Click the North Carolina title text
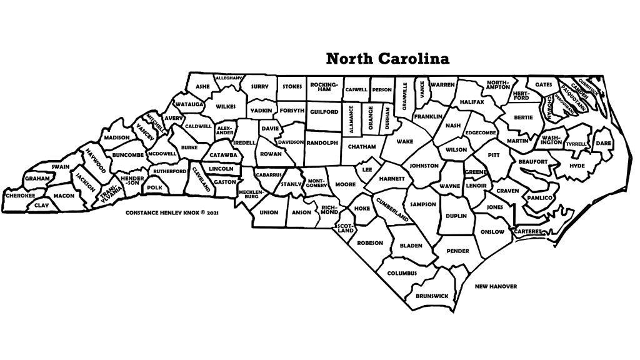click(387, 59)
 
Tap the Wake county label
click(405, 141)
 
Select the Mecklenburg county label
click(248, 194)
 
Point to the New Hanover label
click(496, 286)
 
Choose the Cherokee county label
click(20, 196)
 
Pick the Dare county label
click(603, 143)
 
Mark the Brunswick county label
click(432, 295)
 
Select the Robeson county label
click(369, 242)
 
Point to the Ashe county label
click(202, 86)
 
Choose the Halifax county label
click(471, 101)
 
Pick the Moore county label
click(345, 184)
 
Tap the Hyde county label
click(577, 166)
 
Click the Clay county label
click(41, 205)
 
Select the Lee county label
click(367, 169)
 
